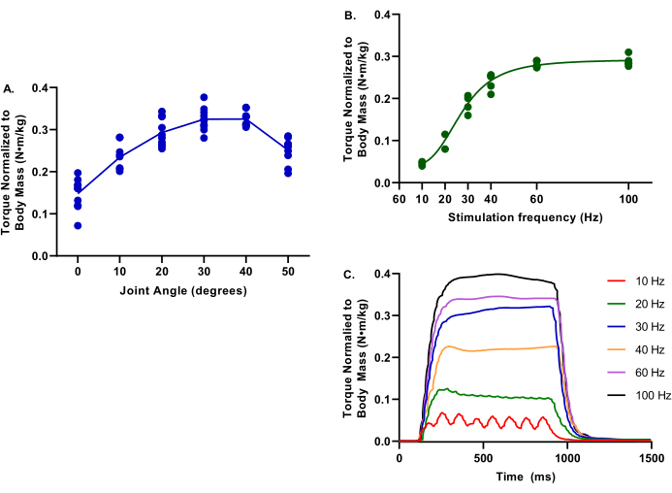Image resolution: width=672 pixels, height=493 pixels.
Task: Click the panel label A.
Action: coord(9,89)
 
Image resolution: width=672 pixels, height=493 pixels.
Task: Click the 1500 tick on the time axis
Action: coord(651,457)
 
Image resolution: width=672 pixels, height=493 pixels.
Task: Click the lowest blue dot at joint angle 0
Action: coord(78,225)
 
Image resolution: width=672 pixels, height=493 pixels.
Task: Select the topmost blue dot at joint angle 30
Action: coord(204,98)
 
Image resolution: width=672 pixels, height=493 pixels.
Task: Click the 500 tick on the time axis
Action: coord(483,457)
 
